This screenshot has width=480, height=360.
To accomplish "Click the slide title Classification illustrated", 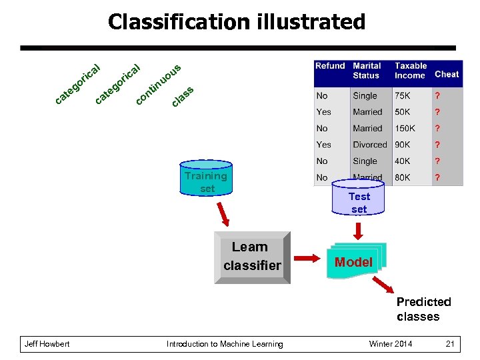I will click(237, 22).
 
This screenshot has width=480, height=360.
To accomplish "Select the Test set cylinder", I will click(359, 200).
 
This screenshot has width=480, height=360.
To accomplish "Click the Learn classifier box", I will click(252, 257).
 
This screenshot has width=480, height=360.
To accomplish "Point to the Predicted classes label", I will click(423, 309).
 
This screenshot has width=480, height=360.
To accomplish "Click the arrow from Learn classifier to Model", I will click(308, 258).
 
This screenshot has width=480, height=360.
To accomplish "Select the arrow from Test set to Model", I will click(359, 231).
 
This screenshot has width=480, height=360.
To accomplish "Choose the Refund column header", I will click(330, 66).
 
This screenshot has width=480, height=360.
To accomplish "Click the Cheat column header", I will click(447, 74).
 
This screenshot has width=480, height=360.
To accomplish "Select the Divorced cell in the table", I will click(369, 145).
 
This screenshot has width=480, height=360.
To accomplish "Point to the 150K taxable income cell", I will click(405, 128).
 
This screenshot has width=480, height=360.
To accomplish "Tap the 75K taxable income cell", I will click(403, 96).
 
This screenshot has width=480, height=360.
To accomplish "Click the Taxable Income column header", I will click(410, 71).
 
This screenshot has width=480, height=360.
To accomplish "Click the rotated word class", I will click(183, 97).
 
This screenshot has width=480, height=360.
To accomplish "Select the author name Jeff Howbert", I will click(47, 344).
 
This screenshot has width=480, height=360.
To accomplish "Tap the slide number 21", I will click(450, 344).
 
